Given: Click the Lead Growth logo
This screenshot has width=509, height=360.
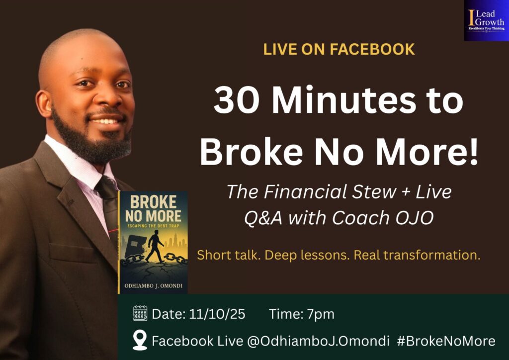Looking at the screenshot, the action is pos(486,20).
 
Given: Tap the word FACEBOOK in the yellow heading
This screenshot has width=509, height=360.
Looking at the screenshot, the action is pos(372,49).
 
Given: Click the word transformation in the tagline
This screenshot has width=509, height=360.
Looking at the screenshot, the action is pos(433,255).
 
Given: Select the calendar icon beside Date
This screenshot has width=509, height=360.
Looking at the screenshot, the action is pos(140,313).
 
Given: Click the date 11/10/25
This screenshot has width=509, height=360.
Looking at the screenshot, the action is pos(217,314).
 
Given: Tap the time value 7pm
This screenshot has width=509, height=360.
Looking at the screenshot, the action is pos(321,314).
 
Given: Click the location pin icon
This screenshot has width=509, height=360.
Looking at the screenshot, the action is pos(140,340).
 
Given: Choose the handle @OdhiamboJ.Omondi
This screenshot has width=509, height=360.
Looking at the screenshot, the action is pos(318,341).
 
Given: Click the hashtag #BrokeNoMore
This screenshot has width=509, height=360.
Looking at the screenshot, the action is pos(446,341).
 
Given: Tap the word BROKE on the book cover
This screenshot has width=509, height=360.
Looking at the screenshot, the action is pos(153,202).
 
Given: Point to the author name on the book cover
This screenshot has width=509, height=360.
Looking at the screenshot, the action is pos(153,285).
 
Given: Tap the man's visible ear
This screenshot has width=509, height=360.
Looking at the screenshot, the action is pos(44,104).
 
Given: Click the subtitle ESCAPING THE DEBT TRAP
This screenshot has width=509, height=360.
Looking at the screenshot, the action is pos(153,226).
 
